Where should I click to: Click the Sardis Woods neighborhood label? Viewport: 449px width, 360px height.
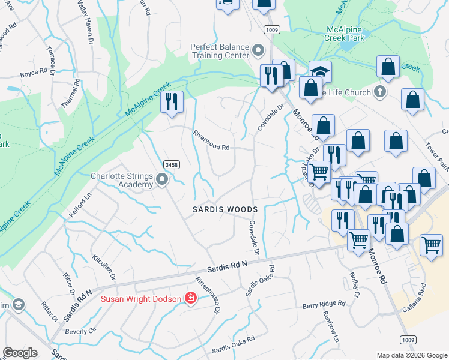pos(224,209)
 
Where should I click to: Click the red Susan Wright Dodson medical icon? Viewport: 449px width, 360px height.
pos(191,298)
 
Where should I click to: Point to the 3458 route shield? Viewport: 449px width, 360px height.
pos(171,164)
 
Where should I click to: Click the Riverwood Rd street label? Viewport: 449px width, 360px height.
pos(211,140)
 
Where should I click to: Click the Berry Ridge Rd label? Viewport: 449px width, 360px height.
pos(324,305)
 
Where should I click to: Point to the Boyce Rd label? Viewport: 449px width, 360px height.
pos(34,73)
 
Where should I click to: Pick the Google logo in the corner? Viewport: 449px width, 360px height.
pos(20,353)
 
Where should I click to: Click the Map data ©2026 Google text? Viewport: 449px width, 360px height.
pos(411,355)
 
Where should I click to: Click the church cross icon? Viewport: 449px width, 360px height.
pos(379,92)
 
